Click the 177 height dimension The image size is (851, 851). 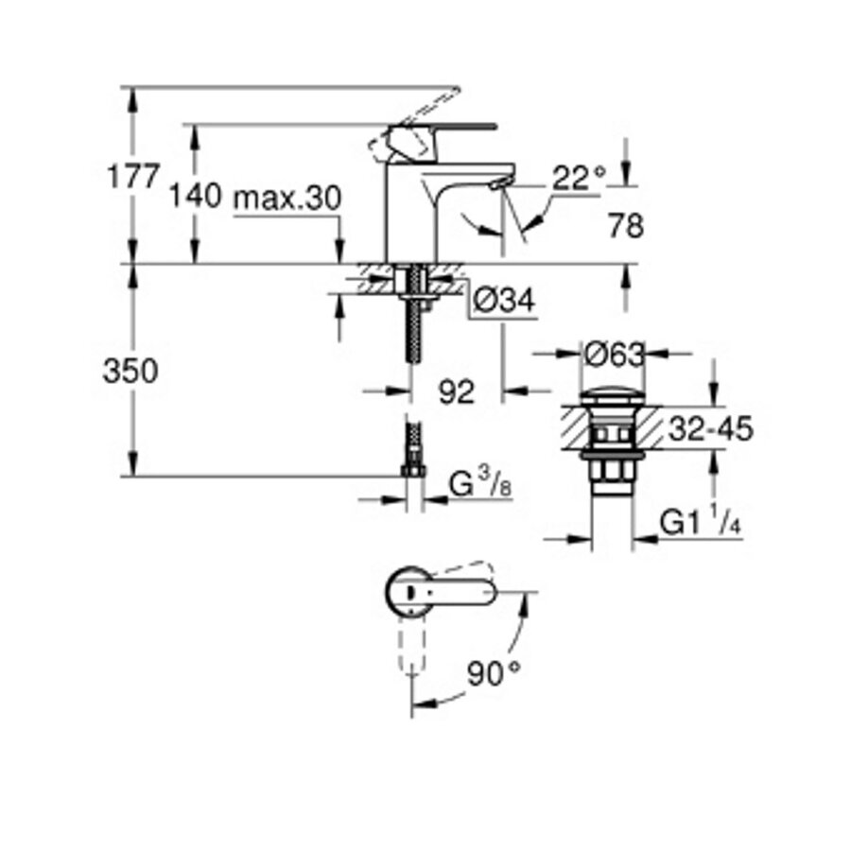131,177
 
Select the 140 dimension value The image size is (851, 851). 195,198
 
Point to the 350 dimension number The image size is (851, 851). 130,372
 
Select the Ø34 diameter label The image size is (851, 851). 502,302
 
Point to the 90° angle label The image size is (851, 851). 495,675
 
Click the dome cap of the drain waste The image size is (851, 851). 605,392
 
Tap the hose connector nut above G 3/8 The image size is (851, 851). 412,469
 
